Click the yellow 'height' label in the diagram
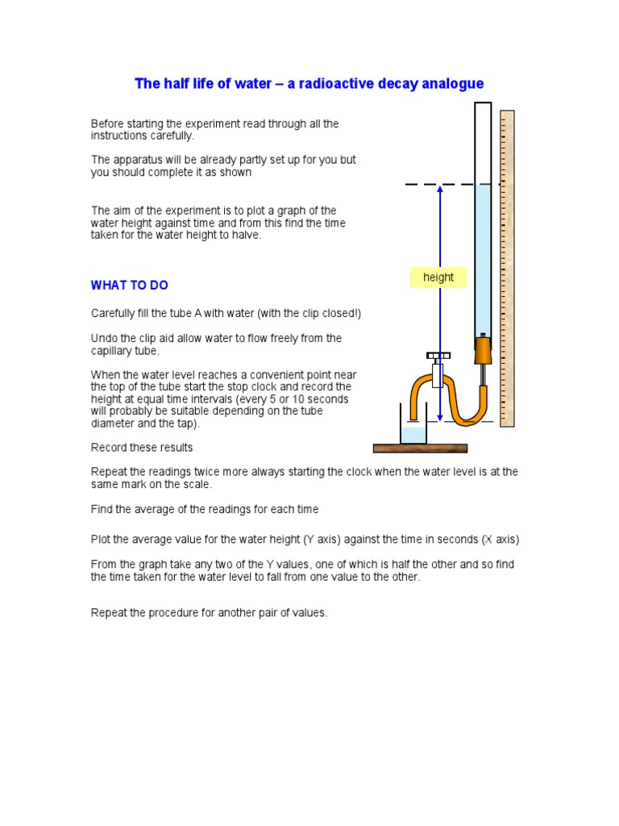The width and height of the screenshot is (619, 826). [x=438, y=277]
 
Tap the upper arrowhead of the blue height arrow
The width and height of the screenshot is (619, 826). [x=439, y=190]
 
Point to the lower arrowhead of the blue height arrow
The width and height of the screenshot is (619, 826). [x=439, y=416]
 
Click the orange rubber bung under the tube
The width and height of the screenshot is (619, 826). [x=483, y=350]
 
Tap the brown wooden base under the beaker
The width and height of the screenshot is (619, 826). [x=420, y=448]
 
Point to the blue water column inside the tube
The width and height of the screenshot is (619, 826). [x=483, y=258]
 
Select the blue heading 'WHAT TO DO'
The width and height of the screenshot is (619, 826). [x=129, y=286]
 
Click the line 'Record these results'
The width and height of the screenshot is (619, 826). [x=142, y=448]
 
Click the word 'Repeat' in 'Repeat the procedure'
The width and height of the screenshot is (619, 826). [x=108, y=613]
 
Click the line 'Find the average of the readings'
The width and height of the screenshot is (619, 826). [x=205, y=509]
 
